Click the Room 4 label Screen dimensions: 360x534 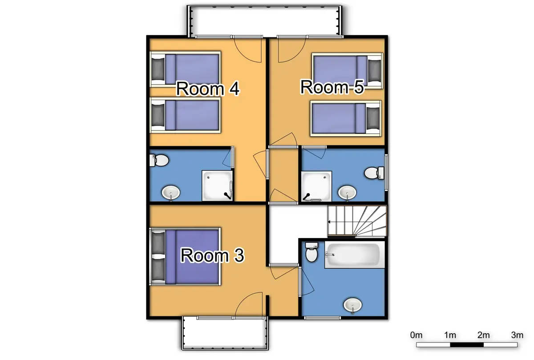coord(208,89)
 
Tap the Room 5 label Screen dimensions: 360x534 coord(332,87)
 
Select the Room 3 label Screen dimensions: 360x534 coord(212,255)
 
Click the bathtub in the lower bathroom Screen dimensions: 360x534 coord(354,255)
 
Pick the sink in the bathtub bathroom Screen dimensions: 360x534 coord(353,305)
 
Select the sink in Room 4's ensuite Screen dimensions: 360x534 coord(170,193)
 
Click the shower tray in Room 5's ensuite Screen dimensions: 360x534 coord(316,186)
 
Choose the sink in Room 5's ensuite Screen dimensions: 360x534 coord(347,192)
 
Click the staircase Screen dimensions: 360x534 coord(357,221)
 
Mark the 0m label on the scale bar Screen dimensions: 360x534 coord(416,335)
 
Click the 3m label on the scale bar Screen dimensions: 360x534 coord(517,335)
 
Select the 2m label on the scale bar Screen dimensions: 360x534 coord(483,335)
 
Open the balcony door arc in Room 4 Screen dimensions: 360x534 coord(248,50)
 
